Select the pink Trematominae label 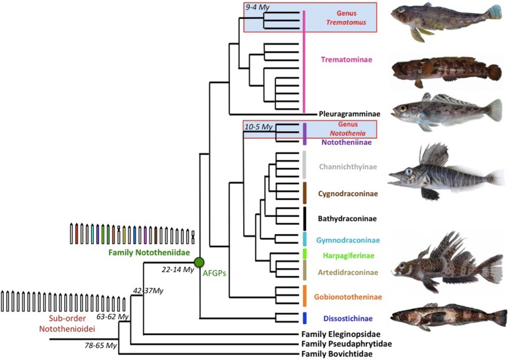346,60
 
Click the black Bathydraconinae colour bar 305,217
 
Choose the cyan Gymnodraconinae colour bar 305,239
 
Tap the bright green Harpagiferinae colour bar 305,253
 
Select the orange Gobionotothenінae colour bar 305,295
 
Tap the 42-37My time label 148,289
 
